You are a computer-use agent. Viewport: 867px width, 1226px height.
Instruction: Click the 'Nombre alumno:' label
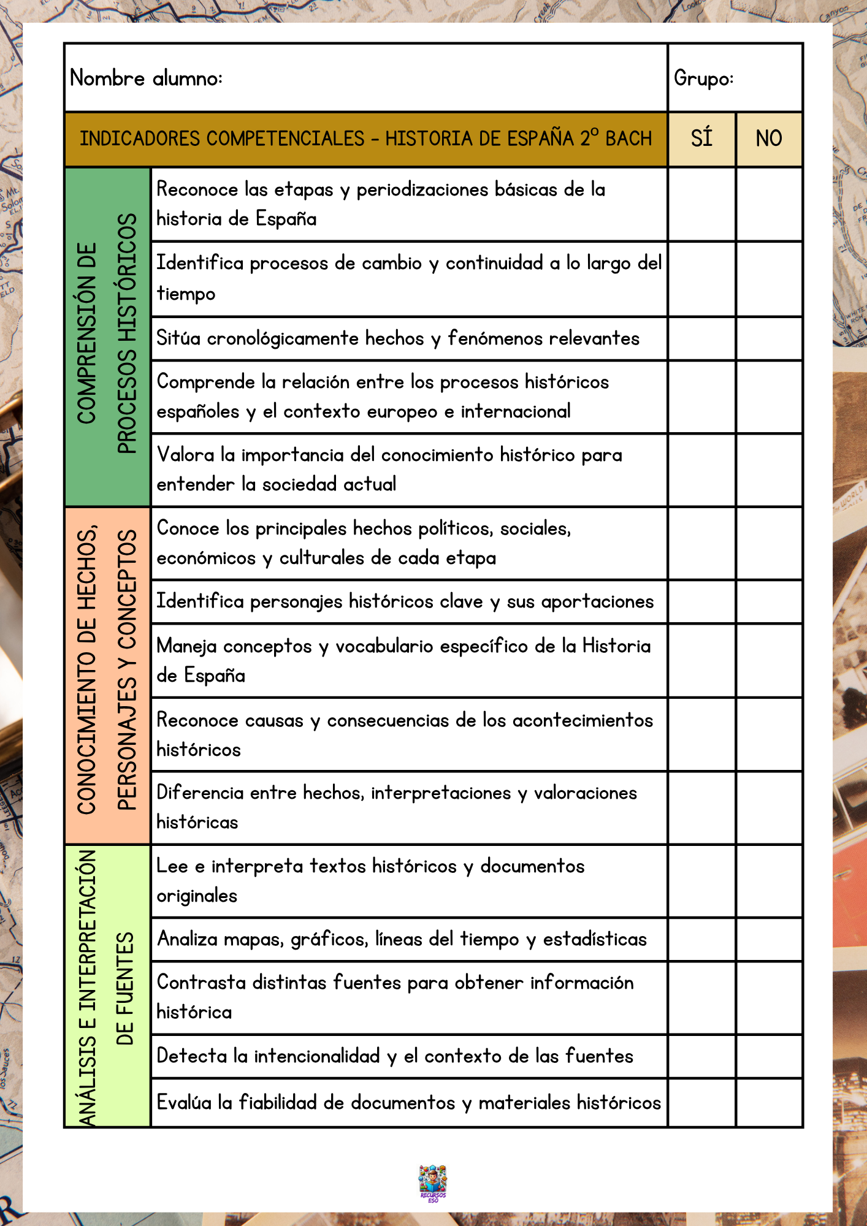[x=146, y=78]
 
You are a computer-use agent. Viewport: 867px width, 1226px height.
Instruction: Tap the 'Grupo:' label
[x=703, y=78]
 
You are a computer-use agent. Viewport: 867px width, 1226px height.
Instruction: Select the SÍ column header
[x=701, y=139]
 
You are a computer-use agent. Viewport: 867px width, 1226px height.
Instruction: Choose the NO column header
[x=769, y=139]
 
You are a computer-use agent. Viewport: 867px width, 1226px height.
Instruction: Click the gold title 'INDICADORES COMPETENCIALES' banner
[x=365, y=139]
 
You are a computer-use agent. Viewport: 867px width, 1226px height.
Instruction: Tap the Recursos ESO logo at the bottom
[x=433, y=1184]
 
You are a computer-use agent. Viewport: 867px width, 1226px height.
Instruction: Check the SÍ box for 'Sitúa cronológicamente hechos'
[x=701, y=338]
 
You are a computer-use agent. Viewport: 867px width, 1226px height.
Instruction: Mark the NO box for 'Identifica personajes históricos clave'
[x=769, y=602]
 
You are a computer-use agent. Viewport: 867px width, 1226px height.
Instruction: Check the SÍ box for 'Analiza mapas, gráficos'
[x=701, y=939]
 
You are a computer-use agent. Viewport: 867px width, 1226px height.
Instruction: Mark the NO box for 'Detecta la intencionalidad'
[x=769, y=1056]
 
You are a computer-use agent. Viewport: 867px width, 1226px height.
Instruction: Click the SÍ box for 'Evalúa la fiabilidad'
[x=701, y=1102]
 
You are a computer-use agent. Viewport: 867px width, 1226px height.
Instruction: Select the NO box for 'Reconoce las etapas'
[x=769, y=204]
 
